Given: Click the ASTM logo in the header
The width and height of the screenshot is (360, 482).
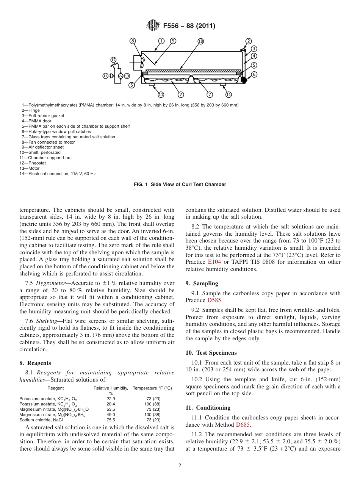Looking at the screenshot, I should point(153,26).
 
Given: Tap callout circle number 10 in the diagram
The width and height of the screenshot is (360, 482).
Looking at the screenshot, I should point(200,41).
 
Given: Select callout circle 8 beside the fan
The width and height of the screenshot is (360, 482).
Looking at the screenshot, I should point(133,41).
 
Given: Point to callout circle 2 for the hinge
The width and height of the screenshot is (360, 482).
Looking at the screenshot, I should point(249,41).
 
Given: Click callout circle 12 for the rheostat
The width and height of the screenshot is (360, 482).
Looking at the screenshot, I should point(113,60).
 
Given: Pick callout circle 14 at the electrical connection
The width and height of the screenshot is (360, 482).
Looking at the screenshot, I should point(105,76).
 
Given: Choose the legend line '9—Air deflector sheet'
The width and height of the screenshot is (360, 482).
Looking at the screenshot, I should point(42,147).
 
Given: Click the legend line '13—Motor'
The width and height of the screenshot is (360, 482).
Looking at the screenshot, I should point(30,168).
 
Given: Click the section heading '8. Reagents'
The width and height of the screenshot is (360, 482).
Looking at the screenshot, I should point(35,363).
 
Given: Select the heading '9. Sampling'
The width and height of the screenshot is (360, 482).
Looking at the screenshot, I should point(202,283).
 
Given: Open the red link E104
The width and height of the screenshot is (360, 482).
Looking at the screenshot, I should point(214,262).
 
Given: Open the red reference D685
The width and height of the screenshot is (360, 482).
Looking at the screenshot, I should point(243,425).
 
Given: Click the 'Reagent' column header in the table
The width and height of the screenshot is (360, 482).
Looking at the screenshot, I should point(55,388).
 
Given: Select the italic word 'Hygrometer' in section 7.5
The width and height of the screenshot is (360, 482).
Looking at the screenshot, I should point(52,283).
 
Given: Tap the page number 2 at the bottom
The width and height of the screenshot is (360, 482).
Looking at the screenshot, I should point(180,466).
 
